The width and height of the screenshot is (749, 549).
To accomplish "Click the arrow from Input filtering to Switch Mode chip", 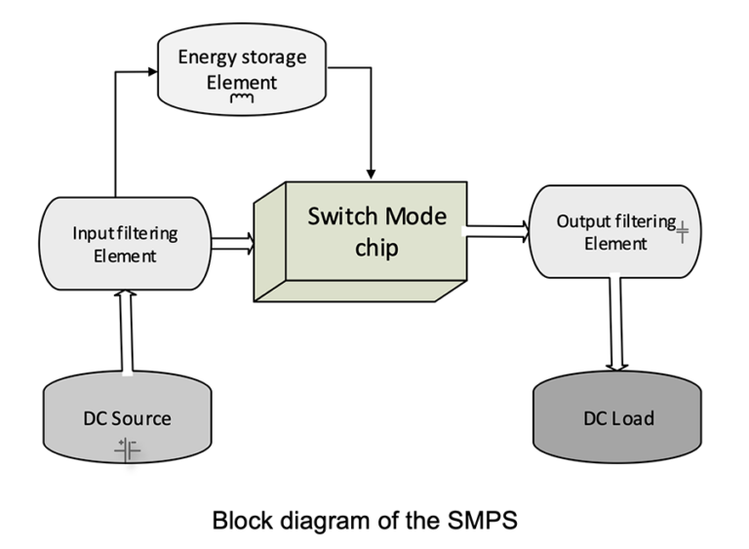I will tap(232, 242).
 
